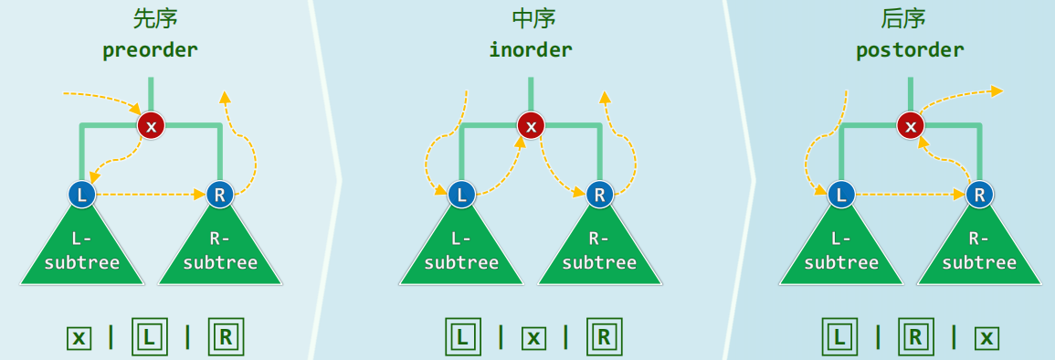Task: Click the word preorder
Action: [x=150, y=49]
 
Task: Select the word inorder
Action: [x=531, y=49]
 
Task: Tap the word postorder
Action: [x=910, y=49]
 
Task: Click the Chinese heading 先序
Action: [x=150, y=19]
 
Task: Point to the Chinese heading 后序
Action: [x=909, y=19]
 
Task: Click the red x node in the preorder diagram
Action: [x=151, y=124]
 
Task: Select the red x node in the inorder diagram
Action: [x=531, y=124]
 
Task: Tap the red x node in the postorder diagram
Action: [x=910, y=124]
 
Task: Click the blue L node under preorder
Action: [x=82, y=194]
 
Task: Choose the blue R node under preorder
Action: [x=219, y=194]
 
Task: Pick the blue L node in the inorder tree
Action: [x=462, y=194]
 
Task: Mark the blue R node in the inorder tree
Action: [x=599, y=194]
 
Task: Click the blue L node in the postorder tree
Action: [x=841, y=194]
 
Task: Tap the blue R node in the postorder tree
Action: [x=979, y=194]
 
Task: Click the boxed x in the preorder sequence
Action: [x=79, y=338]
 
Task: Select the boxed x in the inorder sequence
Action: [x=533, y=338]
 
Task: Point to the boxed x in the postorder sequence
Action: [x=986, y=338]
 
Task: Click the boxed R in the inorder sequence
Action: [x=604, y=336]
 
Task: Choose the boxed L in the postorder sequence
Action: [x=839, y=336]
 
